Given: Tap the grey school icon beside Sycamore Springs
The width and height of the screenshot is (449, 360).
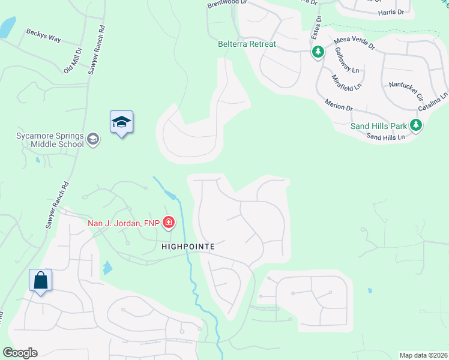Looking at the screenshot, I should coord(92,140).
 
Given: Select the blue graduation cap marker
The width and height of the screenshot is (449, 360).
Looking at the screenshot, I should coord(121,122).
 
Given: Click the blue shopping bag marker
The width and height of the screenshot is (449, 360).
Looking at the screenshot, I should coord(40,280).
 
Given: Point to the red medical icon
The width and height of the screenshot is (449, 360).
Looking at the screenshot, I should coord(169,223).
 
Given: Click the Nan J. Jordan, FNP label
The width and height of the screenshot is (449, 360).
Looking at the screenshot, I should coord(124,223).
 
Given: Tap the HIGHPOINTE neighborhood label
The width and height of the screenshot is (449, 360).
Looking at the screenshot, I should coord(188,247).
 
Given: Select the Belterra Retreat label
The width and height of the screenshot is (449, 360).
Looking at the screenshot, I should coord(247,44).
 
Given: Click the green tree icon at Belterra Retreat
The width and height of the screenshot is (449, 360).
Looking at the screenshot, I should coord(317,53).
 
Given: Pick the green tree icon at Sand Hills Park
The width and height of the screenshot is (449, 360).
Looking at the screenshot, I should coord(415,125).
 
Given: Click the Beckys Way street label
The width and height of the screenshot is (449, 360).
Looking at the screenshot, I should coord(43,35).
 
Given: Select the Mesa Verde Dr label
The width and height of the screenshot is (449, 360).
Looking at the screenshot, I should coord(354,45).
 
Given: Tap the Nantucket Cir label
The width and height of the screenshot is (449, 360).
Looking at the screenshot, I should coord(406,90).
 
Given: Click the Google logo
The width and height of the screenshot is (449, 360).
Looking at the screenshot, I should coord(20,353).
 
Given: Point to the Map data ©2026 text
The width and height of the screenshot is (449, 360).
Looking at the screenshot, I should coord(423,355).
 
